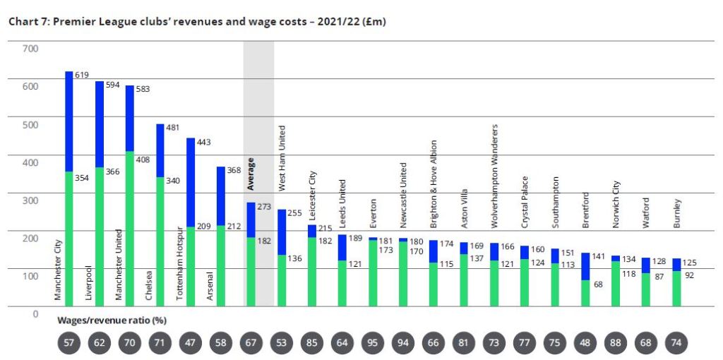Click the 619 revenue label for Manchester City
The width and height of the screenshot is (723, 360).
83,74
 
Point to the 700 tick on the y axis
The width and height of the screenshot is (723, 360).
30,49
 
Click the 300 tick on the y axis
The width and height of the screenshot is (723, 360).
30,200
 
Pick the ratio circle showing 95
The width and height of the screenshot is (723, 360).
373,343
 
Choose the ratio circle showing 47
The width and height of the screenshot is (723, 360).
191,343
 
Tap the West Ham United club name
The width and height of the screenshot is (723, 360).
282,159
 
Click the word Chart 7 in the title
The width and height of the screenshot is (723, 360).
26,22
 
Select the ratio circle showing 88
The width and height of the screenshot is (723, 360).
616,343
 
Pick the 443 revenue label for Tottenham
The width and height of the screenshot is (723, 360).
205,142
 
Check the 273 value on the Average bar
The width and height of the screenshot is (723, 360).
264,207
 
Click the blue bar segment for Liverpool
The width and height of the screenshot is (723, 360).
100,124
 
